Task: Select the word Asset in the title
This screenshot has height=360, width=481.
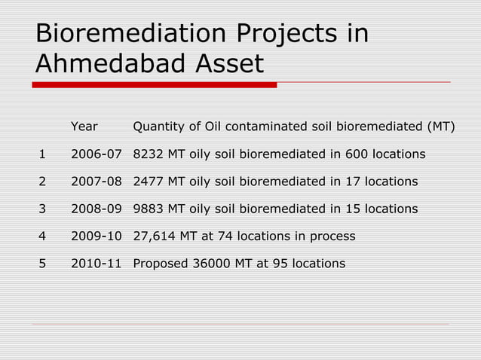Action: click(229, 64)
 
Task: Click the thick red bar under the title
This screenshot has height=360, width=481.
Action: click(155, 85)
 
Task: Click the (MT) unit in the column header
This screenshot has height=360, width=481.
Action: click(440, 127)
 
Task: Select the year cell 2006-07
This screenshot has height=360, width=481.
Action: click(97, 154)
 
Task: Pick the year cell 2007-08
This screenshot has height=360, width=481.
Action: click(97, 182)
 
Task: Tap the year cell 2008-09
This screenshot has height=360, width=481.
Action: click(97, 209)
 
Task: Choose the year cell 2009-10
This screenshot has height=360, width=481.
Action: click(97, 236)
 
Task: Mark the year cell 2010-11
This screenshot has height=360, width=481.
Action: click(97, 264)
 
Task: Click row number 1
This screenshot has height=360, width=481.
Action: click(42, 154)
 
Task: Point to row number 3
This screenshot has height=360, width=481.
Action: click(42, 209)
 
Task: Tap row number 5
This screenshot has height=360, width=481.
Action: click(42, 264)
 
